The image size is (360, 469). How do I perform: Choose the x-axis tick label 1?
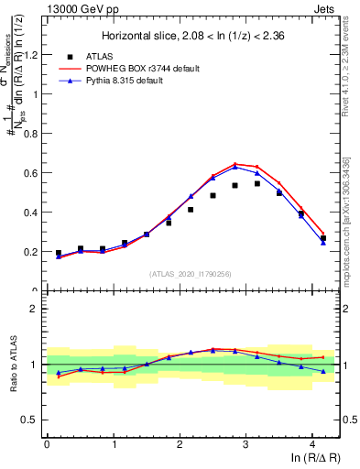pyautogui.click(x=113, y=444)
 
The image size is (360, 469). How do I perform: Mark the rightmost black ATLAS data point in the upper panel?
pyautogui.click(x=322, y=238)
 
